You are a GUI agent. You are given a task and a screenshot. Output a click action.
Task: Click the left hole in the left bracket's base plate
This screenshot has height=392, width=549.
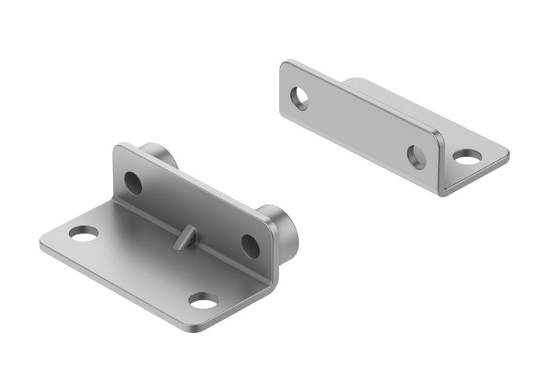click(83, 233)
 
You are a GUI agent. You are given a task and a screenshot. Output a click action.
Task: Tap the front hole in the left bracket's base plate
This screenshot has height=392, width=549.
click(204, 300)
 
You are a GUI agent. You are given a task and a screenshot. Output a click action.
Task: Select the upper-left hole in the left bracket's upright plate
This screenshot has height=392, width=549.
click(133, 183)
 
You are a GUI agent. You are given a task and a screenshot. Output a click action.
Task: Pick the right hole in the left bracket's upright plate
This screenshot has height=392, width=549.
click(250, 245)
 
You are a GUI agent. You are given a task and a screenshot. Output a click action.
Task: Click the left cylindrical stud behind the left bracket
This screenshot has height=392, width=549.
click(157, 154)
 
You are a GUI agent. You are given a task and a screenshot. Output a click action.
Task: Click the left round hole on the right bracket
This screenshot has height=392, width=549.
click(300, 98)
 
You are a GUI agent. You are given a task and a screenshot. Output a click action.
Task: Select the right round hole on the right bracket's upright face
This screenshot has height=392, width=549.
click(416, 156)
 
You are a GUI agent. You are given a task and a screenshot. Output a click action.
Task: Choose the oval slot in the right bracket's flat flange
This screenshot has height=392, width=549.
click(467, 158)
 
